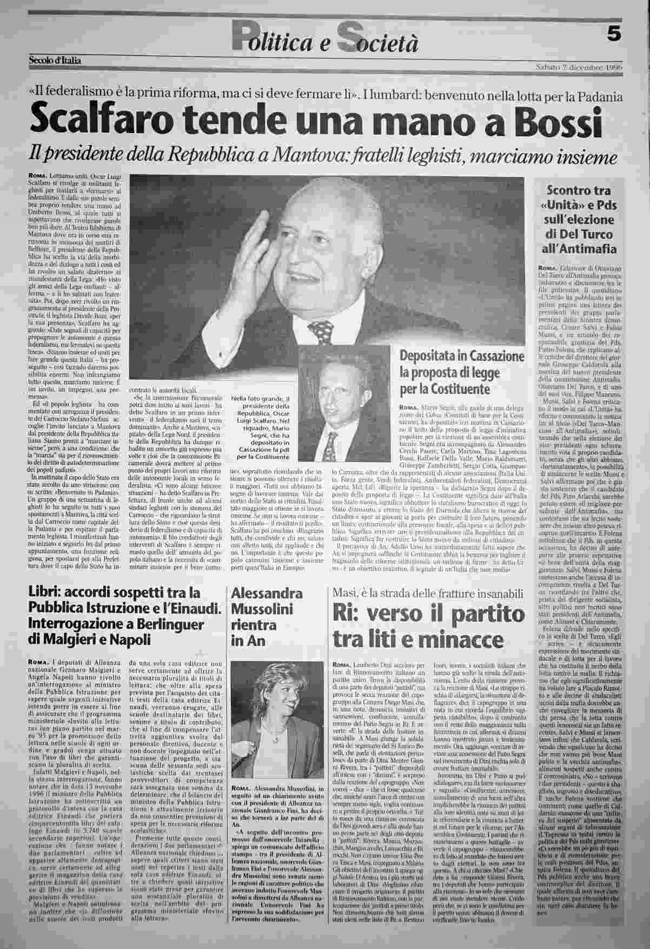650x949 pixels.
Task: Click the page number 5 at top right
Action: (613, 34)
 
